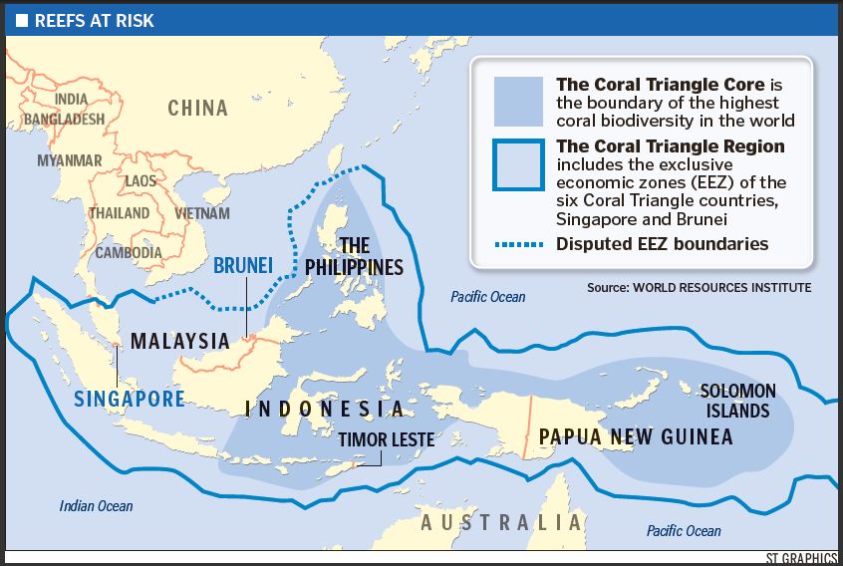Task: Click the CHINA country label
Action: tap(197, 108)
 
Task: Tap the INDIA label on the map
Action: tap(71, 99)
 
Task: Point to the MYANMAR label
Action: tap(70, 159)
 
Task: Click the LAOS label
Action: tap(140, 181)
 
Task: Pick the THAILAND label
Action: tap(119, 213)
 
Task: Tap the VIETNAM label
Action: tap(202, 213)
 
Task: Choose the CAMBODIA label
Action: tap(129, 252)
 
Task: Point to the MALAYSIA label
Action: tap(180, 340)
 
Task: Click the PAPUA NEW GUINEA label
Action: tap(635, 436)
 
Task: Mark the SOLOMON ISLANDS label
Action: tap(737, 401)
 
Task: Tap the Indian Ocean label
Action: tap(96, 506)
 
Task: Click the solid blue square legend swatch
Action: tap(518, 102)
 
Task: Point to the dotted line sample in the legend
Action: tap(518, 243)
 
